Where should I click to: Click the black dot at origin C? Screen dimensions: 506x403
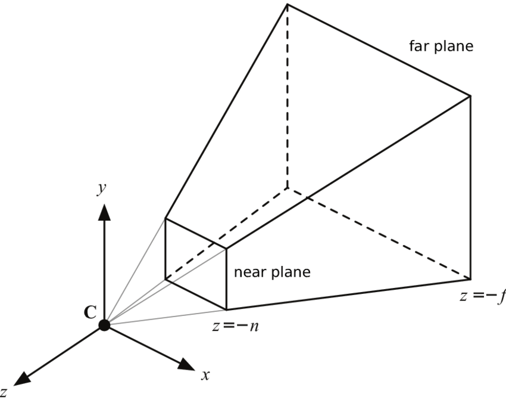click(x=104, y=325)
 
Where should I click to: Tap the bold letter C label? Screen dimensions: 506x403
click(x=90, y=312)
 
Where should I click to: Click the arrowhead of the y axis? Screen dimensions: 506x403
click(x=104, y=212)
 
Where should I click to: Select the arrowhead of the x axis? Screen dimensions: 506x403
click(x=186, y=365)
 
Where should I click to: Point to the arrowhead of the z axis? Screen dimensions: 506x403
click(x=22, y=379)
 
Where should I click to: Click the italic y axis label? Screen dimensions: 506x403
click(x=102, y=188)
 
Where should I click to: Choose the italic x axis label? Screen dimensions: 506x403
click(x=205, y=375)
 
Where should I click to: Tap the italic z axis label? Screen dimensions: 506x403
click(x=4, y=392)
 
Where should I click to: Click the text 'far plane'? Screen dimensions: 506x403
click(x=441, y=46)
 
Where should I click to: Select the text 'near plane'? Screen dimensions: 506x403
click(x=272, y=272)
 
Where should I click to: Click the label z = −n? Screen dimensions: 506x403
click(x=236, y=327)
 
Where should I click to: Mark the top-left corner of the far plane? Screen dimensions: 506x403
click(x=287, y=4)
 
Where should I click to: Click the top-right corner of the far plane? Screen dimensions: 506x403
click(x=470, y=95)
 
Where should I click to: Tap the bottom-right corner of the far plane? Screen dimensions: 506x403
click(x=470, y=279)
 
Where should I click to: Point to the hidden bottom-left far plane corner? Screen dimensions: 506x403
click(x=287, y=188)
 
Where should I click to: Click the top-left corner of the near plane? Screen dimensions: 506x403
click(x=165, y=218)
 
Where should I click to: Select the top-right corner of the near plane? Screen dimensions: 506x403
click(x=226, y=249)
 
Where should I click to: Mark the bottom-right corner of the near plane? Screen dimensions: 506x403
click(x=226, y=309)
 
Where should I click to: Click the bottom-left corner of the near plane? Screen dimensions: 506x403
click(x=165, y=279)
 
